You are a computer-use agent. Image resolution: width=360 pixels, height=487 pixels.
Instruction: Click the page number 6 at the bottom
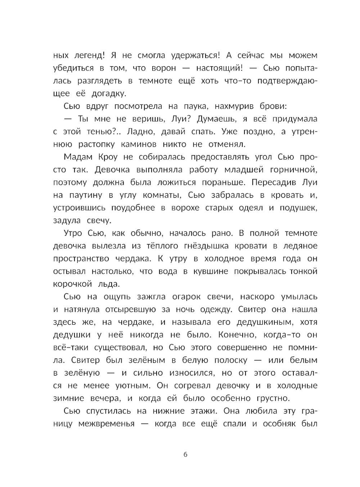(x=185, y=454)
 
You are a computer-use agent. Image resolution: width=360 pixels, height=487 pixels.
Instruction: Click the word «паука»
(x=194, y=106)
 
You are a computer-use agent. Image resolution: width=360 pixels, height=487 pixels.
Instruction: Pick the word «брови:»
(x=274, y=106)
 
